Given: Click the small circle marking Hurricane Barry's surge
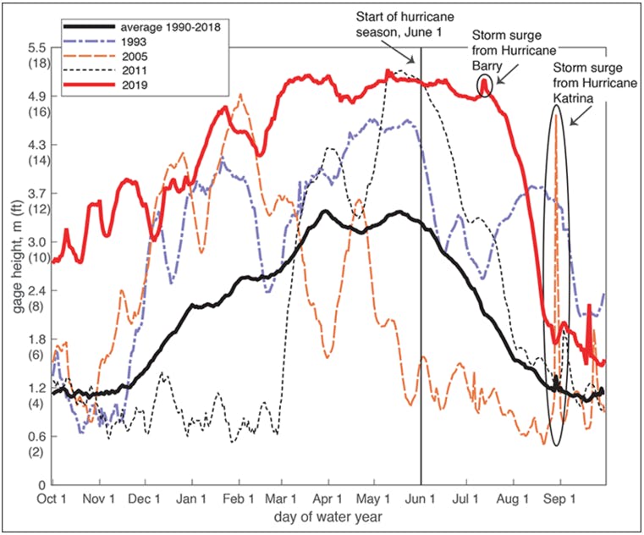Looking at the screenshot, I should (484, 85).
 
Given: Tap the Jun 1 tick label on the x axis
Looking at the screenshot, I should (421, 498).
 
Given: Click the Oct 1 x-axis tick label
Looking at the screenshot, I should (52, 498).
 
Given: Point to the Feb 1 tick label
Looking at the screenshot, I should (236, 498).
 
